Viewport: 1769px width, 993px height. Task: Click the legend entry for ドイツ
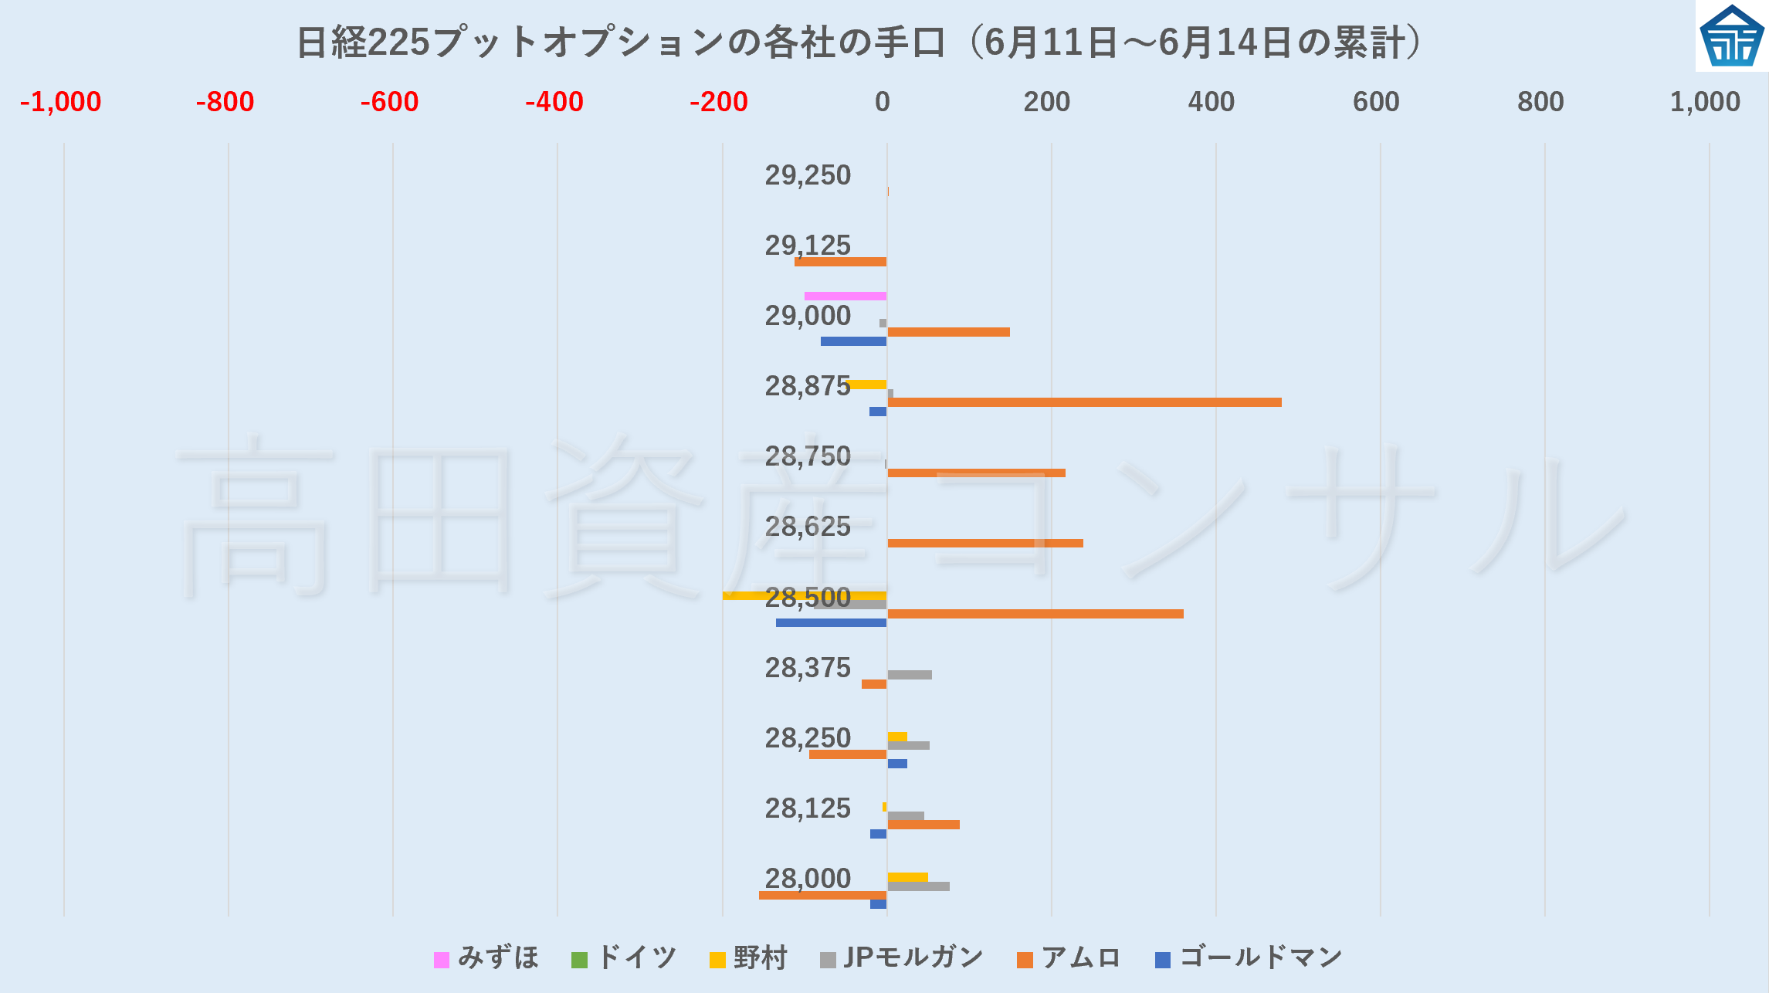tap(624, 958)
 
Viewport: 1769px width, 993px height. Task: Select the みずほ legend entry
tap(486, 958)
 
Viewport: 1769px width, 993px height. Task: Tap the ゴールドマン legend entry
tap(1249, 958)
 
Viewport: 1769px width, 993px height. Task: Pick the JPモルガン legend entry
tap(902, 958)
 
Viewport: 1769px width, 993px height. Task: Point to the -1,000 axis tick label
tap(60, 102)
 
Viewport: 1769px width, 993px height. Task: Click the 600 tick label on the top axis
tap(1375, 102)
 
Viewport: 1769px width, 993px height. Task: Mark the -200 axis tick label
tap(718, 102)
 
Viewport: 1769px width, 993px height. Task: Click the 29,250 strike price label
tap(808, 175)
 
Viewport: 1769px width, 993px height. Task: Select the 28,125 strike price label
tap(808, 808)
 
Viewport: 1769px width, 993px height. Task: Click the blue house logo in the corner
tap(1732, 36)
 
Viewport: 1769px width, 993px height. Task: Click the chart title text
tap(859, 42)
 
